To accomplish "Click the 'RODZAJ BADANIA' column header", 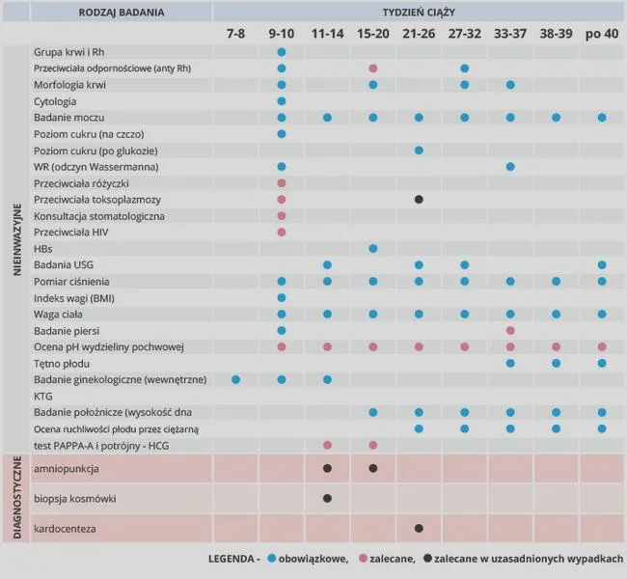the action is tap(122, 13).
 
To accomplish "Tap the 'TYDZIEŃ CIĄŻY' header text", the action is tap(419, 13).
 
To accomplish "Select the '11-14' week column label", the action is tap(327, 34).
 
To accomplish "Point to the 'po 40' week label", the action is tap(602, 34).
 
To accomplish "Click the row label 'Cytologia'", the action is tap(55, 101).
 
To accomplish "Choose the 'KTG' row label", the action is tap(42, 397).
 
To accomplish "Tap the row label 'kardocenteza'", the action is tap(65, 529).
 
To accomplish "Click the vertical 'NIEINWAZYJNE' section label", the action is tap(16, 239).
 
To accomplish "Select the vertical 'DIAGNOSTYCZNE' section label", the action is tap(16, 498).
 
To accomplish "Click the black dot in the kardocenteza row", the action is tap(419, 529).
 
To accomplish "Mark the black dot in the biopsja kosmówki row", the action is tap(327, 499).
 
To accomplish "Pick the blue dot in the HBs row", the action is tap(373, 249).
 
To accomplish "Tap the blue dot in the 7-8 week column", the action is tap(236, 380).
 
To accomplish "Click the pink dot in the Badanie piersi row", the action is tap(510, 331).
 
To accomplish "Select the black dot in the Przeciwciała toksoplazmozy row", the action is tap(419, 199).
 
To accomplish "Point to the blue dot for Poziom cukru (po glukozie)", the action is tap(419, 151).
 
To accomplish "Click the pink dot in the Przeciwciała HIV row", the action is tap(282, 232).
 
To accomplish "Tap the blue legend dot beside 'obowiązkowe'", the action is tap(272, 558).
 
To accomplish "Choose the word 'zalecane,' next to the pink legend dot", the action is tap(393, 559).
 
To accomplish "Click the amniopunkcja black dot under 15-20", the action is tap(373, 468).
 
